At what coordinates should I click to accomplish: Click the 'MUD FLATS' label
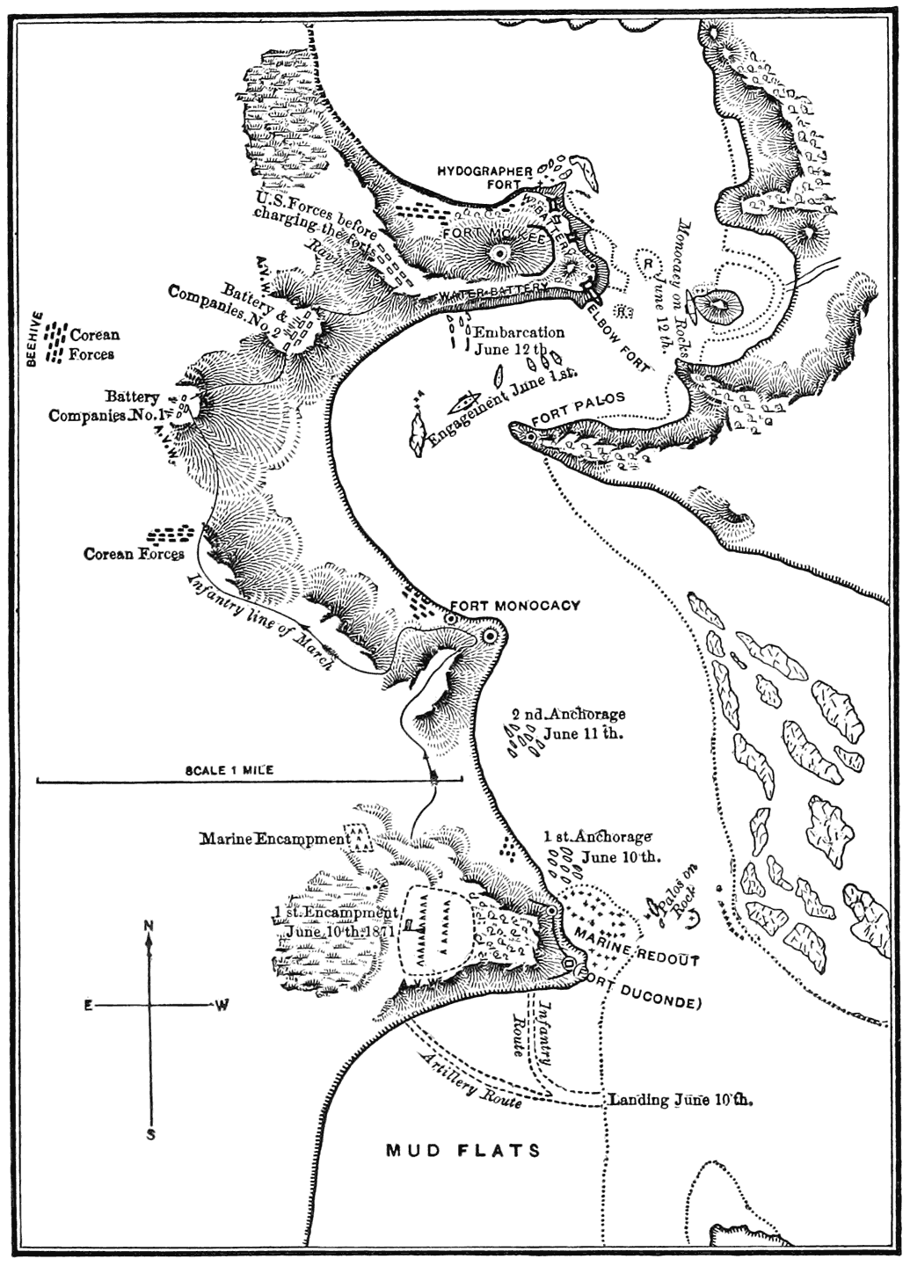coord(463,1150)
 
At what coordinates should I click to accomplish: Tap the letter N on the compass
coord(149,925)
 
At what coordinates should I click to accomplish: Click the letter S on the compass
coord(150,1134)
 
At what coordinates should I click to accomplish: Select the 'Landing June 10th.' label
coord(681,1099)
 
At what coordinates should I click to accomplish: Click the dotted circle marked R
coord(648,261)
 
